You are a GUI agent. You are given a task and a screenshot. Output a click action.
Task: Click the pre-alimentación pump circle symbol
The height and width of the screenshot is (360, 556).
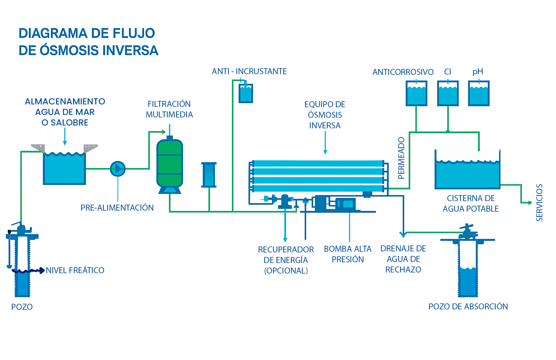pos(118,169)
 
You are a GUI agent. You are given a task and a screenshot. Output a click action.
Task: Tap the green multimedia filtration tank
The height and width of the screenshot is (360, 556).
pos(169,163)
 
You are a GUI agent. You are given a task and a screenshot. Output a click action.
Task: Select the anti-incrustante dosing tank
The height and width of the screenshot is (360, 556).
pos(246,94)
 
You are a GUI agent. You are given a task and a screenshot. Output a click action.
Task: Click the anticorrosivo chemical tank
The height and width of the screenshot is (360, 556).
pos(416,94)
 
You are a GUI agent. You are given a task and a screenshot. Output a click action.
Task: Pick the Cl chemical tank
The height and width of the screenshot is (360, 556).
pos(448,94)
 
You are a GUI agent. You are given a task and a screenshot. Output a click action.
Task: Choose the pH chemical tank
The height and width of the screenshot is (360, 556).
pos(479,94)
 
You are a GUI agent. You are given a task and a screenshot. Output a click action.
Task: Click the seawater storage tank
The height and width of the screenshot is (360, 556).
pos(64,168)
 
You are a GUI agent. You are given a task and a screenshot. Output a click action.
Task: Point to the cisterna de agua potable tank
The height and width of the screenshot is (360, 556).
pos(467,174)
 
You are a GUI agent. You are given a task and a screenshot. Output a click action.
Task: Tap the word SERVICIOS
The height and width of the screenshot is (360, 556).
pos(539,202)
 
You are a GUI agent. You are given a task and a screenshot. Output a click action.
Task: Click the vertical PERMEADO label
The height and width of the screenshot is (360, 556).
pos(401,158)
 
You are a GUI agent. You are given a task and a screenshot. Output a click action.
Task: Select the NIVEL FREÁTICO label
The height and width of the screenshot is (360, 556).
pos(75,270)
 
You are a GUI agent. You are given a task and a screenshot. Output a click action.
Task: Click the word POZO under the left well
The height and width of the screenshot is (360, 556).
pos(22,307)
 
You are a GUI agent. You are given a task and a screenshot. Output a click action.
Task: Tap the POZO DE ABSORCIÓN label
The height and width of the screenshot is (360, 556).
pos(468,307)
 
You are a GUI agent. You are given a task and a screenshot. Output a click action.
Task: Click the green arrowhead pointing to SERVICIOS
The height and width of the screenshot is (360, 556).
pos(530,202)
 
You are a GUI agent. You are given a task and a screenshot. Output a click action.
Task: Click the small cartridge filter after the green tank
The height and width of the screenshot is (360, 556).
pos(209,175)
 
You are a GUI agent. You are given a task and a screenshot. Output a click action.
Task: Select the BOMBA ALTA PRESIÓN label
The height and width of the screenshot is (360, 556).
pos(348,254)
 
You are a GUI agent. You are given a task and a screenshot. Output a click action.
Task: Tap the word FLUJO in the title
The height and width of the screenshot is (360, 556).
pos(134,33)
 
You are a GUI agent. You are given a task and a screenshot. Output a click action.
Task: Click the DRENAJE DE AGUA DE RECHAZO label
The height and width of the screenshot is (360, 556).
pos(403,259)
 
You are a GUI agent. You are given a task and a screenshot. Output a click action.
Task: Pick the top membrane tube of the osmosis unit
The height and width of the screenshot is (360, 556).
pos(318,163)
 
